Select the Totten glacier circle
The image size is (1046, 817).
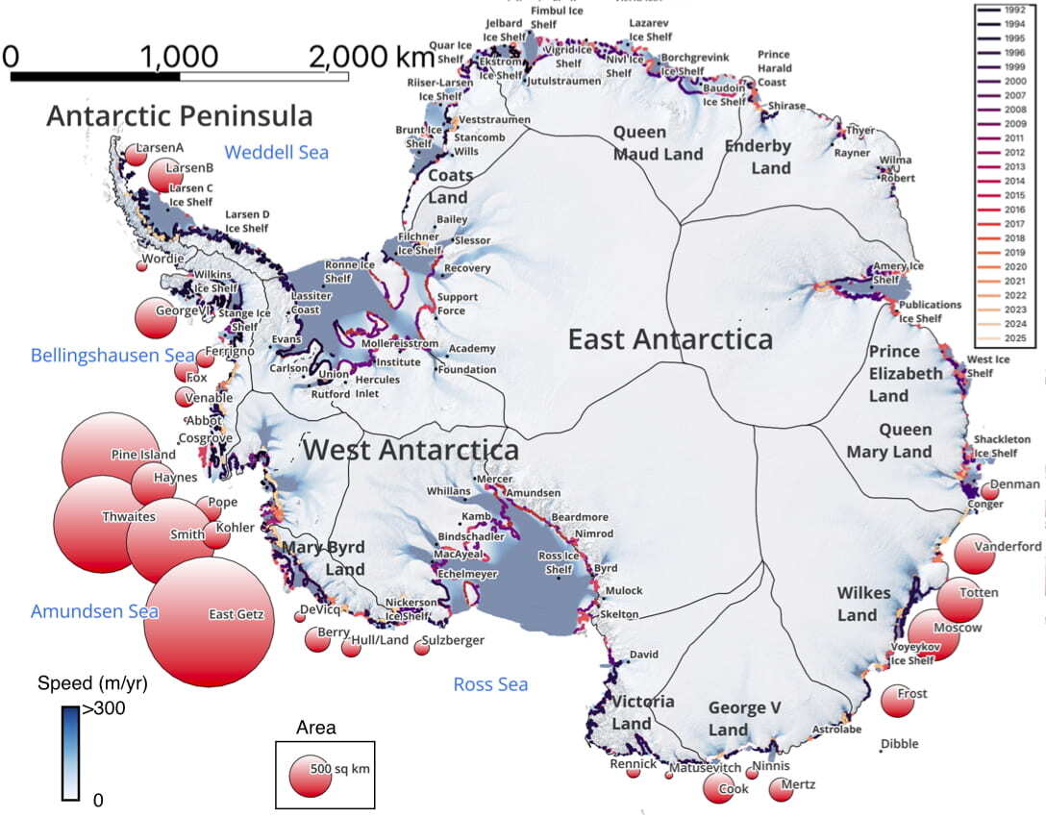[x=960, y=600]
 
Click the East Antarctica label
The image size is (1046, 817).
[x=669, y=339]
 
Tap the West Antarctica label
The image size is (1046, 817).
[x=411, y=450]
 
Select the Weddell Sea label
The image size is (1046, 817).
[x=276, y=152]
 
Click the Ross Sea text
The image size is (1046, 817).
[x=490, y=684]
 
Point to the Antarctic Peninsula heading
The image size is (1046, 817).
[x=179, y=116]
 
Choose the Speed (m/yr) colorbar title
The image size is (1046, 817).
[x=92, y=684]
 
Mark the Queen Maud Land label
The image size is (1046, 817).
[x=653, y=142]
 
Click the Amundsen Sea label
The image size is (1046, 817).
[x=94, y=611]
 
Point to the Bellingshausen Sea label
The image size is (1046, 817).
[x=112, y=355]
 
